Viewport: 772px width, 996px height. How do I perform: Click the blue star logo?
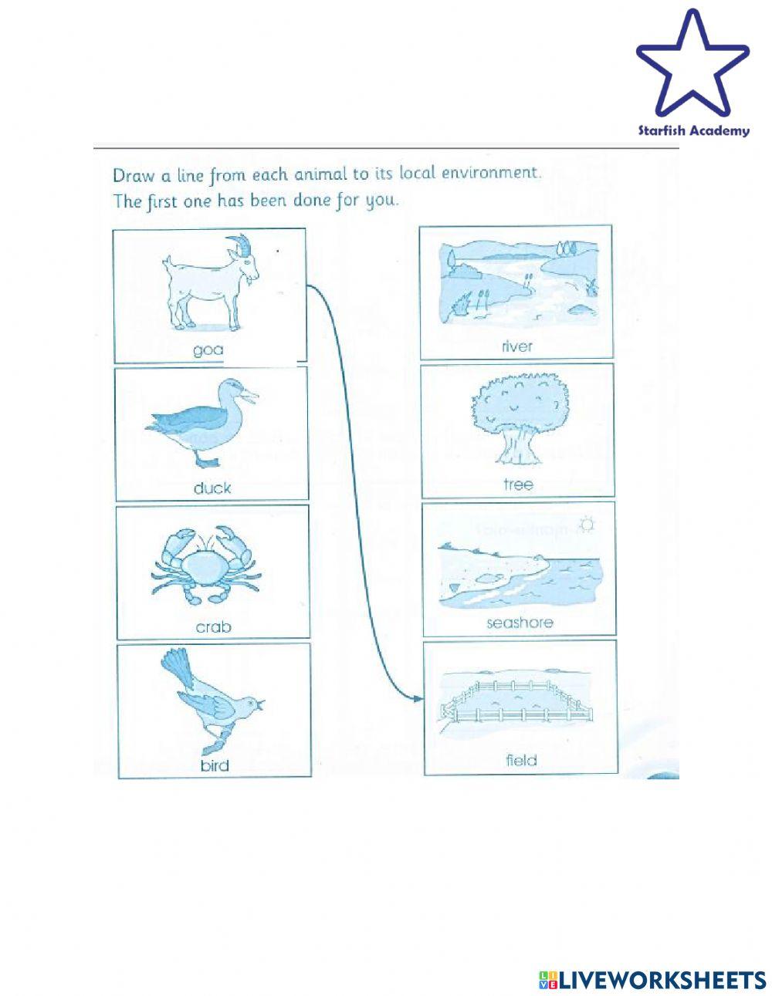pyautogui.click(x=692, y=66)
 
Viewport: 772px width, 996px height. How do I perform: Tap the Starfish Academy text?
pyautogui.click(x=693, y=130)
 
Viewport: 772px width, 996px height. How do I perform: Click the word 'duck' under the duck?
pyautogui.click(x=212, y=488)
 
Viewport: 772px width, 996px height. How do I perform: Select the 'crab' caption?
pyautogui.click(x=213, y=627)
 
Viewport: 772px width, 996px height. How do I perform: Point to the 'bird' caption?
pyautogui.click(x=214, y=766)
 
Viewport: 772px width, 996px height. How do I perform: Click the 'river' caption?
pyautogui.click(x=516, y=346)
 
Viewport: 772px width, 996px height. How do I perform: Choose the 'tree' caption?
pyautogui.click(x=517, y=484)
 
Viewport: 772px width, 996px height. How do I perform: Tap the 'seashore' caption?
pyautogui.click(x=520, y=623)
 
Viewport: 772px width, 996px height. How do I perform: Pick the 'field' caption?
pyautogui.click(x=521, y=761)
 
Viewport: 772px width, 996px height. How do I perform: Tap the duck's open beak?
pyautogui.click(x=249, y=397)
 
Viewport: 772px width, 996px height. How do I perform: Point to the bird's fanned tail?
pyautogui.click(x=179, y=665)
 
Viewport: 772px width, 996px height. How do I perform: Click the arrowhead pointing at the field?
pyautogui.click(x=418, y=699)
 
